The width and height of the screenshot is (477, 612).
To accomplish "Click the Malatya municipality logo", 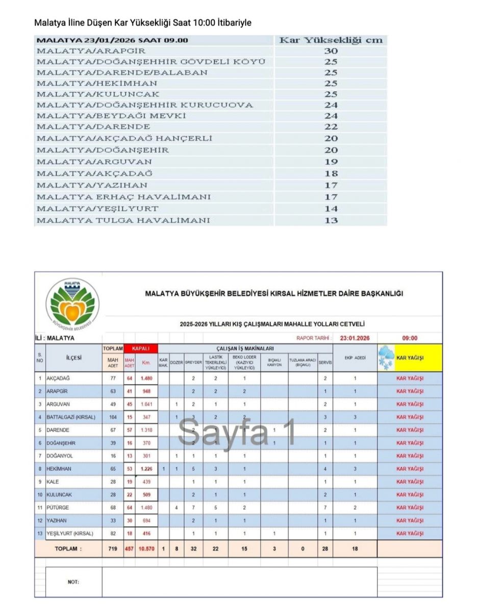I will [x=72, y=302].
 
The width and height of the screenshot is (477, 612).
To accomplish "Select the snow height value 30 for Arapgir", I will [x=331, y=51].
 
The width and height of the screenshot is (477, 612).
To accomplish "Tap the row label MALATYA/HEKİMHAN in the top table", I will [x=97, y=83].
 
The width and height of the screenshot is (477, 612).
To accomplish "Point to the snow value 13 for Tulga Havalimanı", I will [x=331, y=220].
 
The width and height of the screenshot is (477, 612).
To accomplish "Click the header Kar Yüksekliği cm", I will [x=331, y=40].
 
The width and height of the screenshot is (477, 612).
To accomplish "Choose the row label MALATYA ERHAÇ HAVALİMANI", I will [x=123, y=197].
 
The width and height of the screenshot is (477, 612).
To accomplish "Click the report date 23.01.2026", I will [x=355, y=338].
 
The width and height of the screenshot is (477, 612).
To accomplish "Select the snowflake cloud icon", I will [x=386, y=357].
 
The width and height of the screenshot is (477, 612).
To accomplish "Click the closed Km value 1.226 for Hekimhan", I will [x=146, y=469].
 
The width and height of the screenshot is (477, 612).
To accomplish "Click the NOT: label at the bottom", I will [x=73, y=582].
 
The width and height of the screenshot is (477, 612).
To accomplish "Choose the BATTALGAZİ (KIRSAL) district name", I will [x=70, y=417].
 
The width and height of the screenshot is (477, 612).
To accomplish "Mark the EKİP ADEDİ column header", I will [x=355, y=358].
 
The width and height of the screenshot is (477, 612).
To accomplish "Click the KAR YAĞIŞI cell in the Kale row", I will [x=410, y=481].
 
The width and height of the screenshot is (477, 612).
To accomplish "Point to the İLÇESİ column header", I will [x=73, y=358].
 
